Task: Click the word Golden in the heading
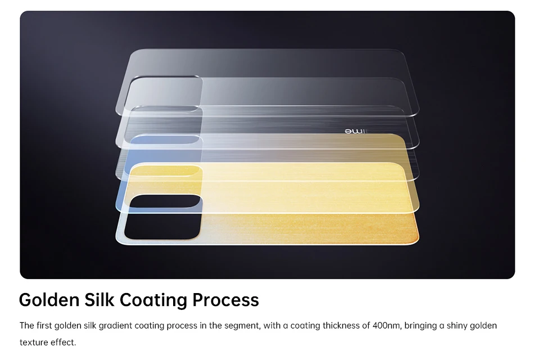(x=49, y=300)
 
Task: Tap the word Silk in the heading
(x=99, y=300)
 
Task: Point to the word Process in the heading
(x=225, y=300)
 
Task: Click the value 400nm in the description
(x=386, y=326)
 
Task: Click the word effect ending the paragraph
(x=63, y=342)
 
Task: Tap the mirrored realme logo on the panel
(x=356, y=131)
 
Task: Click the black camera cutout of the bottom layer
(x=163, y=217)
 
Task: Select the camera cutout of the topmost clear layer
(x=164, y=93)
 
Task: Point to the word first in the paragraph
(x=44, y=326)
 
